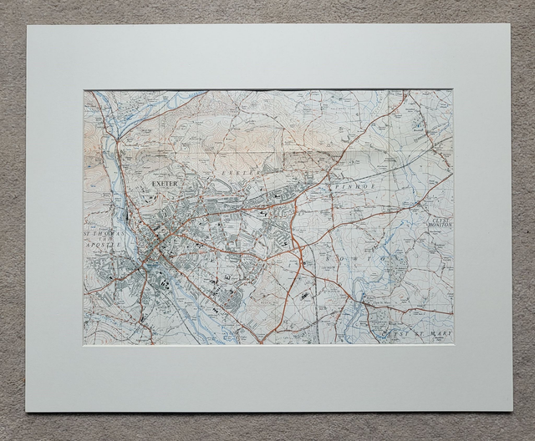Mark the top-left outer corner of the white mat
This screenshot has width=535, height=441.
click(28, 25)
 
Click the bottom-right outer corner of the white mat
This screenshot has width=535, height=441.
click(512, 411)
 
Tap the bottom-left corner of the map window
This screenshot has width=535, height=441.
click(83, 344)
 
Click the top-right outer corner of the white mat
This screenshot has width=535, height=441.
click(510, 24)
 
